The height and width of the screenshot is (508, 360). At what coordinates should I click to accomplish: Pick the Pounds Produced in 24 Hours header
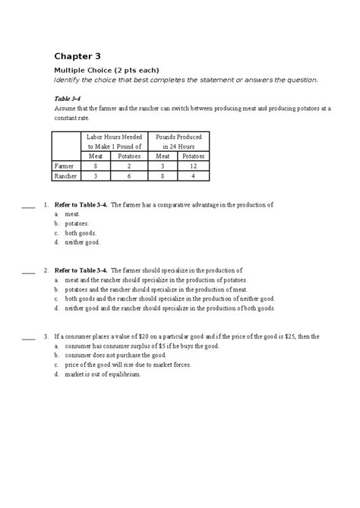pos(173,140)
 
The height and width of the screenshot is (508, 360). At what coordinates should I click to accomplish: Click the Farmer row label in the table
pos(65,165)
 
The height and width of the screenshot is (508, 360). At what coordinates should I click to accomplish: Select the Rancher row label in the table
pos(67,176)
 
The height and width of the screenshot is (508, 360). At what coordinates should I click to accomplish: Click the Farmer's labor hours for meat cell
pos(95,165)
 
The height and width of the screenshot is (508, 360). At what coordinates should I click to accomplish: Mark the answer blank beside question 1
pos(29,206)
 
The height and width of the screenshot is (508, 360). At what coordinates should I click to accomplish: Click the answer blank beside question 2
pos(29,271)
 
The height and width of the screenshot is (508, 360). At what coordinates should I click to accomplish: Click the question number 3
pos(46,336)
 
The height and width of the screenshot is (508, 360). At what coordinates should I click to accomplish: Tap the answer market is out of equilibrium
pos(103,374)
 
